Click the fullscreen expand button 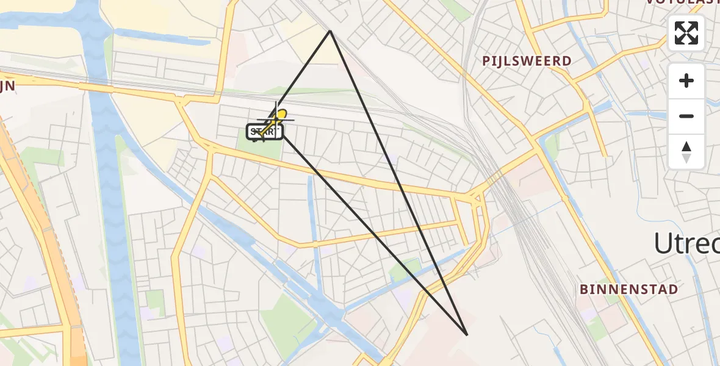point(686,33)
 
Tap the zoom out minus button point(686,116)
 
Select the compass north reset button point(686,151)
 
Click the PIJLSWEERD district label point(527,61)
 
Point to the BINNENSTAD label point(629,289)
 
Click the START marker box point(264,132)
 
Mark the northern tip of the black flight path point(330,30)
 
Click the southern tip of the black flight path point(467,335)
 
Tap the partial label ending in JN point(7,87)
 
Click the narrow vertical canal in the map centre point(312,207)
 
